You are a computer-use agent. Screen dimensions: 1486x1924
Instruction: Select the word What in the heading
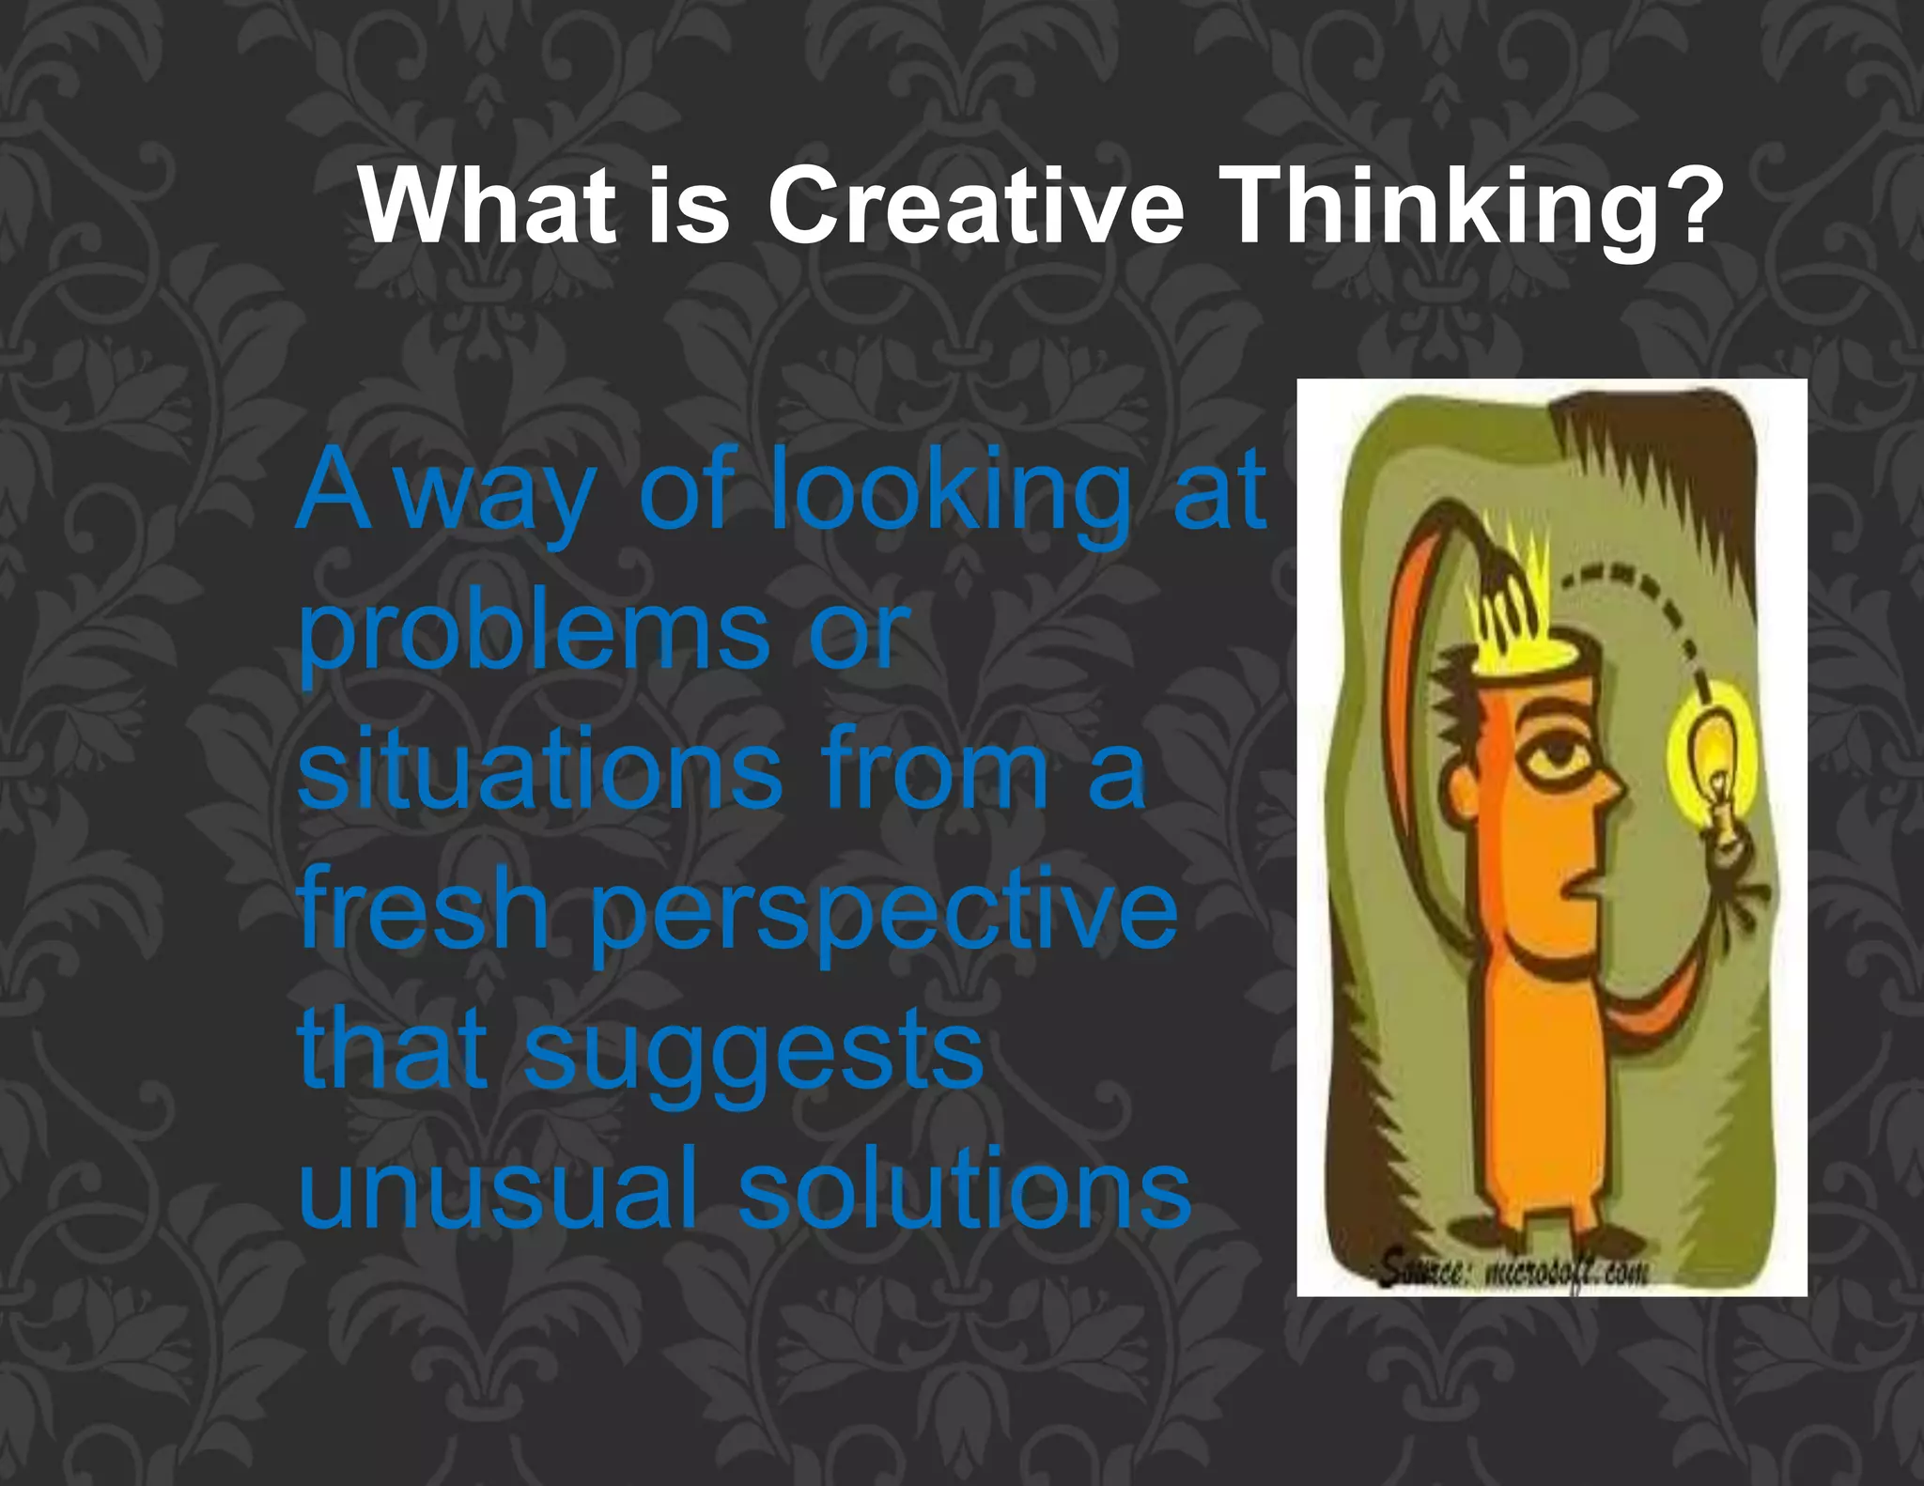[488, 206]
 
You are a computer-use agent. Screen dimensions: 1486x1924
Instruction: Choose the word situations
[539, 771]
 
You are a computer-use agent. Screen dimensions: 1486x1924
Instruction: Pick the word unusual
[498, 1189]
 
